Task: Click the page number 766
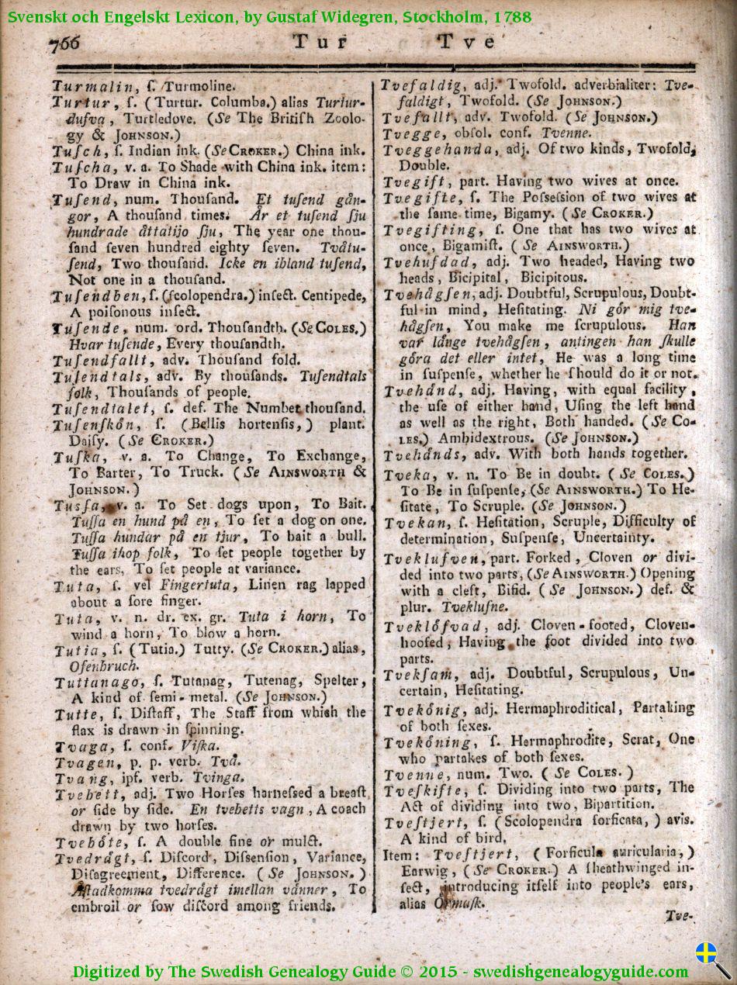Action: [x=65, y=43]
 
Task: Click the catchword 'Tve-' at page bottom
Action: [x=678, y=916]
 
